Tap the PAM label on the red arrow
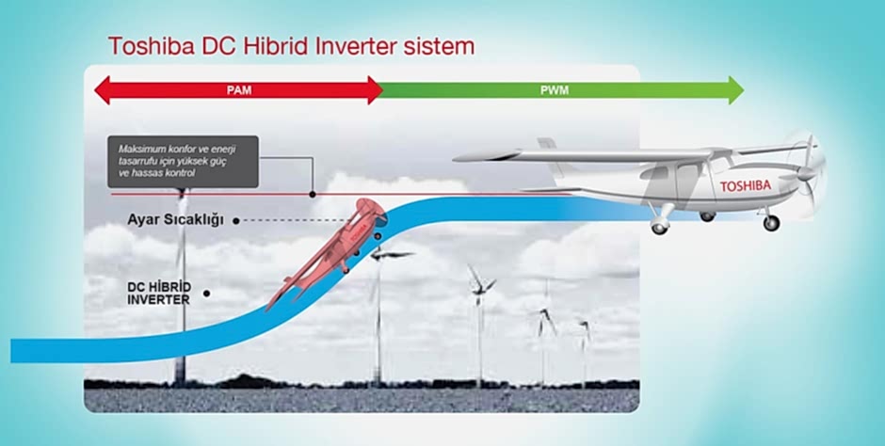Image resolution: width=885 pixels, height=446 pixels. [238, 90]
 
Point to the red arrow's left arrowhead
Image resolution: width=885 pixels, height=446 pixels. [102, 90]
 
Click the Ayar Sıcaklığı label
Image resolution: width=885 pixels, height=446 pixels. [175, 220]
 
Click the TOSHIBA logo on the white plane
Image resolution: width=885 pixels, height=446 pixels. [745, 186]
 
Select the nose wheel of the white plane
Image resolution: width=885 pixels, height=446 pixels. [772, 223]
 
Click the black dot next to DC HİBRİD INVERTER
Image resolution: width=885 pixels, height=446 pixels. [206, 293]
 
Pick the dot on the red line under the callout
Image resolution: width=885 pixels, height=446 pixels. [312, 195]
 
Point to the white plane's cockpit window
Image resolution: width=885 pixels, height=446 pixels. [692, 175]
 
